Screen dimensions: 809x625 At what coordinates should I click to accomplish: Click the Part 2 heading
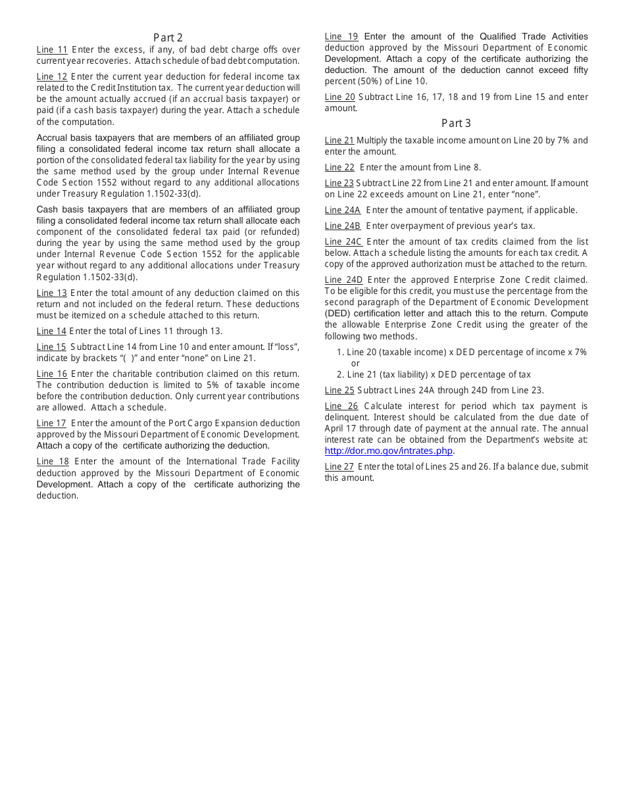(x=168, y=37)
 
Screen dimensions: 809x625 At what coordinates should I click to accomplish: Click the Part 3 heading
(x=456, y=123)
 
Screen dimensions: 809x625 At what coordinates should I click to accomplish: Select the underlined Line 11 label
(x=52, y=50)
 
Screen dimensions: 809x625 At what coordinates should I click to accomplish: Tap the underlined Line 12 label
(x=52, y=77)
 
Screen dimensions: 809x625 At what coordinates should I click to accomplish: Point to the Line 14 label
(x=51, y=331)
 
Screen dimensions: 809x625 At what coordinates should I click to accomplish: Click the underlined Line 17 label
(x=51, y=424)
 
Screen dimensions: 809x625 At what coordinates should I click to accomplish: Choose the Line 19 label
(x=341, y=37)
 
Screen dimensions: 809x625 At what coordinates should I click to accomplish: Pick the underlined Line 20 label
(x=339, y=97)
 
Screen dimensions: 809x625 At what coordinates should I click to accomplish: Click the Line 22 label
(x=339, y=168)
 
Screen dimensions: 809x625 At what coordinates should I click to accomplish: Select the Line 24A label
(x=343, y=210)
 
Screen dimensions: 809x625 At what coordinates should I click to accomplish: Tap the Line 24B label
(x=343, y=226)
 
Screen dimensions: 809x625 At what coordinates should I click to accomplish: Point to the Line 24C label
(x=343, y=242)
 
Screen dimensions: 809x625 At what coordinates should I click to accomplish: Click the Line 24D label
(x=343, y=280)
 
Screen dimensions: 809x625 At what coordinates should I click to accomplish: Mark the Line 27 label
(x=339, y=467)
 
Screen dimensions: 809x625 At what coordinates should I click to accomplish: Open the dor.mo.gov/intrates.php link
(x=389, y=451)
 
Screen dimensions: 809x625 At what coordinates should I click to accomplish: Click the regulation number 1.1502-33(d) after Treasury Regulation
(x=172, y=194)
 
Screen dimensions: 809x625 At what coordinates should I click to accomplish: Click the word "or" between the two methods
(x=355, y=364)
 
